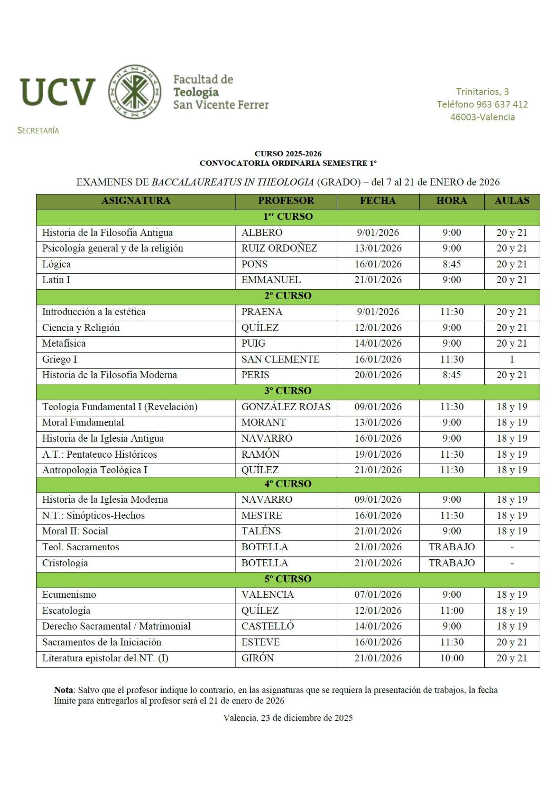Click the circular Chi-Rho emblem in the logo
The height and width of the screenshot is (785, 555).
(135, 92)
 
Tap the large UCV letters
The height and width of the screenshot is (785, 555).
(58, 92)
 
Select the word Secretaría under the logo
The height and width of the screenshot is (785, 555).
(38, 131)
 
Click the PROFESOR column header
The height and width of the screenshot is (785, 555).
(286, 201)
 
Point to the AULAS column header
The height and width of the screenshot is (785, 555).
(511, 201)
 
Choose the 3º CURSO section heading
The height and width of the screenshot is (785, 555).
(288, 391)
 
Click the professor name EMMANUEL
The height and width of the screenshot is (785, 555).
(271, 280)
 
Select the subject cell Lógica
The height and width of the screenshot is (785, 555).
(57, 264)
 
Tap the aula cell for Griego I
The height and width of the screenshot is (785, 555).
(511, 359)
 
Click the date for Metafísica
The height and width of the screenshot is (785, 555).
(378, 343)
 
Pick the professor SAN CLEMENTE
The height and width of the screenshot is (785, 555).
(280, 359)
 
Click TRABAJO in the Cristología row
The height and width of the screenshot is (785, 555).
(451, 563)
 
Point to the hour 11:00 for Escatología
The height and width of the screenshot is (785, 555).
(451, 610)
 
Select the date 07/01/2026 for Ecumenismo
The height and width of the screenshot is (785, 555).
(378, 595)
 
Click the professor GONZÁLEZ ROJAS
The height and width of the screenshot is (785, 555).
(286, 407)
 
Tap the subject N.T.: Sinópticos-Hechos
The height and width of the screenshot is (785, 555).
(93, 515)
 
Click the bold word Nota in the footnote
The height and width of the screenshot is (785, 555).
(64, 690)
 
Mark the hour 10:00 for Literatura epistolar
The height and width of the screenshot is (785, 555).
(451, 658)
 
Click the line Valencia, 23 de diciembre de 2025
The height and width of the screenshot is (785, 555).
(288, 718)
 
